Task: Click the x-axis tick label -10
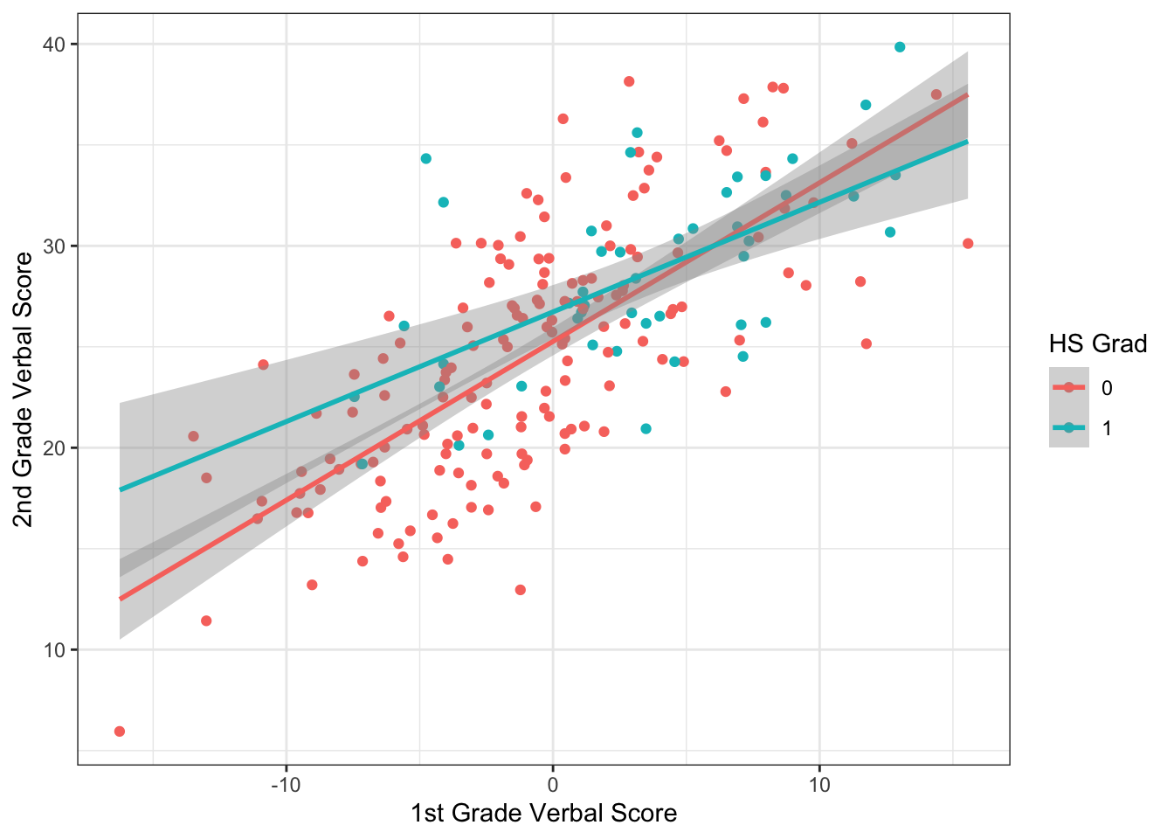coord(286,784)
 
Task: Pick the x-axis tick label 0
coord(553,784)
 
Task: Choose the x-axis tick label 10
coord(819,784)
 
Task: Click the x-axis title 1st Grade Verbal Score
coord(543,814)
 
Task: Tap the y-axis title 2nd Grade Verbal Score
coord(24,390)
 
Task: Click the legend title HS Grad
coord(1098,344)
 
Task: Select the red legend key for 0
coord(1069,387)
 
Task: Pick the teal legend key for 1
coord(1069,427)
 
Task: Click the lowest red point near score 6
coord(120,732)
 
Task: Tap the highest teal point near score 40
coord(900,47)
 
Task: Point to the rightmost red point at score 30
coord(968,244)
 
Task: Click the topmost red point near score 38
coord(629,81)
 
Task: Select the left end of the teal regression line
coord(121,489)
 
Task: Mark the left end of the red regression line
coord(121,599)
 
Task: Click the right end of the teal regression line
coord(967,142)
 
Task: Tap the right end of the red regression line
coord(967,95)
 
